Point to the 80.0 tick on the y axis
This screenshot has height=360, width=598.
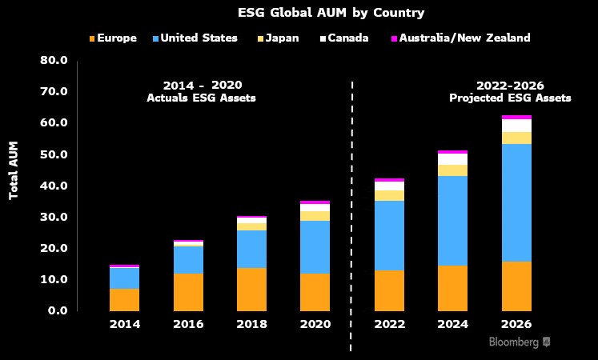(54, 60)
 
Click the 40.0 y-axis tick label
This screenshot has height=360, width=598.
(54, 186)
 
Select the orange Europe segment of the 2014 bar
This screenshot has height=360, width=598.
(125, 299)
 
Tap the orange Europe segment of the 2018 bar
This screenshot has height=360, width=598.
(251, 289)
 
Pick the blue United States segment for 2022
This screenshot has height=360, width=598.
(389, 235)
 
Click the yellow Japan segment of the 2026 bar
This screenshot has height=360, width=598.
(516, 138)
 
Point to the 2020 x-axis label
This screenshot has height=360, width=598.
(315, 324)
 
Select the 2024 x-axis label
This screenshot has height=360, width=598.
(452, 324)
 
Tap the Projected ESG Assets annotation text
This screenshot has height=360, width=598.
(510, 98)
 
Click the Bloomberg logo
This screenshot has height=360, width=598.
(519, 342)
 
